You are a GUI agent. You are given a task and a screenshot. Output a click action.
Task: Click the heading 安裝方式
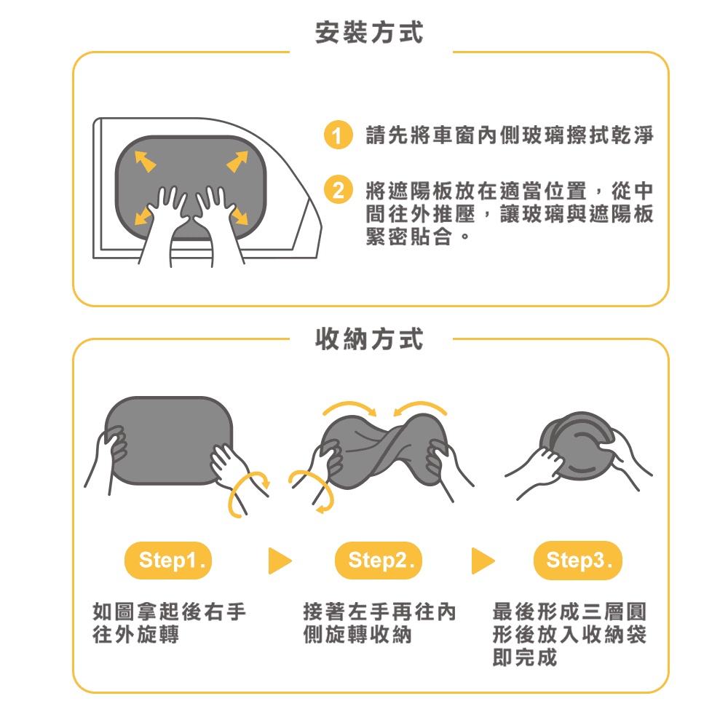tap(369, 33)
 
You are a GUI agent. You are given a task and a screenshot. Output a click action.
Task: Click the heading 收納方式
tap(369, 339)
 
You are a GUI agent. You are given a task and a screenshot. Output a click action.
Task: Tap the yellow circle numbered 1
tap(338, 135)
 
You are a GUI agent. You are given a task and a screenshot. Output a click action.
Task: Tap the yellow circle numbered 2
tap(338, 189)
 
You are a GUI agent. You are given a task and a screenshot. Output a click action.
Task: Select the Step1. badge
tap(168, 561)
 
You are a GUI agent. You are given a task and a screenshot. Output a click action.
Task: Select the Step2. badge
tap(379, 561)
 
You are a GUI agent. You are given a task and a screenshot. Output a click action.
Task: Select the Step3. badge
tap(577, 561)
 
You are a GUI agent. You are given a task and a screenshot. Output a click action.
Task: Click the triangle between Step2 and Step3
tap(483, 561)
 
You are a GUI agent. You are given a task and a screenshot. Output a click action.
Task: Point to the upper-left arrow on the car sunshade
tap(145, 162)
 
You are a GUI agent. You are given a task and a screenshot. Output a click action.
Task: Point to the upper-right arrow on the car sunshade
tap(237, 162)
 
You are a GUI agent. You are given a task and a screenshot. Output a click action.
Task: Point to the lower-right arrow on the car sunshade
tap(240, 215)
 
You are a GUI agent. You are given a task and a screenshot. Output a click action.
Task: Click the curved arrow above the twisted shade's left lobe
tap(350, 405)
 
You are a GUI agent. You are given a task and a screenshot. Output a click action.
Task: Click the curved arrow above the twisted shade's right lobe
tap(420, 405)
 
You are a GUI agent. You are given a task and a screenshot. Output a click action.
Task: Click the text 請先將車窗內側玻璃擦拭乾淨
tap(510, 135)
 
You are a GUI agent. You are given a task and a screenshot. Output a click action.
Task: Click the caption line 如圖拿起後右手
tap(169, 612)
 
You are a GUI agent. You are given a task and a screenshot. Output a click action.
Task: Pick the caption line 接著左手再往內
tap(379, 612)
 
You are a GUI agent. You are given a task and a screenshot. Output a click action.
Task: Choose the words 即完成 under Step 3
tap(525, 657)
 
